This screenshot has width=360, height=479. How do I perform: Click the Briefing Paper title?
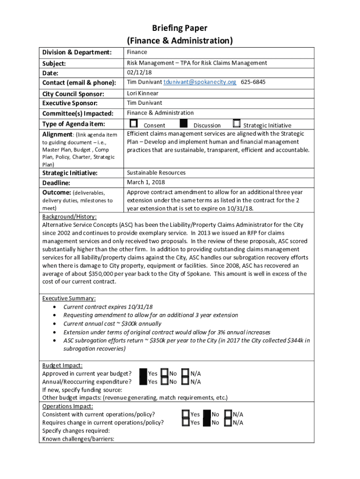[180, 28]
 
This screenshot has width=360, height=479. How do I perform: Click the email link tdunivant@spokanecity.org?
[200, 82]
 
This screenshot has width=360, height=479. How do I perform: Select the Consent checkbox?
[134, 124]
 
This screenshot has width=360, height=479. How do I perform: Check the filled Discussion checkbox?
[184, 124]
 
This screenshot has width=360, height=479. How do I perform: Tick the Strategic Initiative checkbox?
[237, 124]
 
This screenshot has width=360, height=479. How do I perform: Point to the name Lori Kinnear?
[143, 93]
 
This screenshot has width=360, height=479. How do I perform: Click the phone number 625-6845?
[253, 82]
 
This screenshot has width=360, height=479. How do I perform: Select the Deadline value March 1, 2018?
[146, 182]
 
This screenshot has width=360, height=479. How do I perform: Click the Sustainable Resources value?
[156, 173]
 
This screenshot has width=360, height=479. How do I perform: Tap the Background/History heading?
[70, 217]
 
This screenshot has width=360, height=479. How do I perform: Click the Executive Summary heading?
[69, 298]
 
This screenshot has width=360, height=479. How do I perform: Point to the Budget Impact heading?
[62, 365]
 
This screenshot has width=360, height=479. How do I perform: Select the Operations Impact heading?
[67, 406]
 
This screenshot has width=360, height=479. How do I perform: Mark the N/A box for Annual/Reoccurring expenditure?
[185, 382]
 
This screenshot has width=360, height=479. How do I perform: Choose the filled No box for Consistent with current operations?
[207, 414]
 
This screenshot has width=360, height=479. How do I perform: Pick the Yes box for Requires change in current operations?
[186, 423]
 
